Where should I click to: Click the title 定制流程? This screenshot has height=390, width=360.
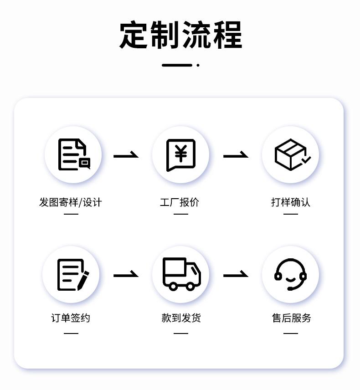180,35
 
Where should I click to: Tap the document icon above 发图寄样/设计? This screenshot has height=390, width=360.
73,155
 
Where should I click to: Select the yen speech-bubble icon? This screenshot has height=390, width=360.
180,155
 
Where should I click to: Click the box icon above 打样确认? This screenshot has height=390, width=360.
291,155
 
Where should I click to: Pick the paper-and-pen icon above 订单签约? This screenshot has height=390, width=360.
72,275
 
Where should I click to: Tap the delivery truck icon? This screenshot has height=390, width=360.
181,274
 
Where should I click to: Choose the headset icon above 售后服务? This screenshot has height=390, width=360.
290,274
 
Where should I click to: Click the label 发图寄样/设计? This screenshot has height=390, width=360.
71,202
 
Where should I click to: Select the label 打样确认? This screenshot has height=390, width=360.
291,202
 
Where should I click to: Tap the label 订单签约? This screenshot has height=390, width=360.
71,318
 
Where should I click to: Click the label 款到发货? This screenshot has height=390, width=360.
181,318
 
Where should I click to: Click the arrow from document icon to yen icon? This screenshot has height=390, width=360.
126,156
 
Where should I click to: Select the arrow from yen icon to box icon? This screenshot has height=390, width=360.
236,156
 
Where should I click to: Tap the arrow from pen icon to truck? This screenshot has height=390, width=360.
126,275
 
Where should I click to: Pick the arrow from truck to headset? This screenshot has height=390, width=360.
236,275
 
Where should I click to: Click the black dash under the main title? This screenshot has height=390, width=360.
177,65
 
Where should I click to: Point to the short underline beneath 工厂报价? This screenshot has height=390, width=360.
181,214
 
